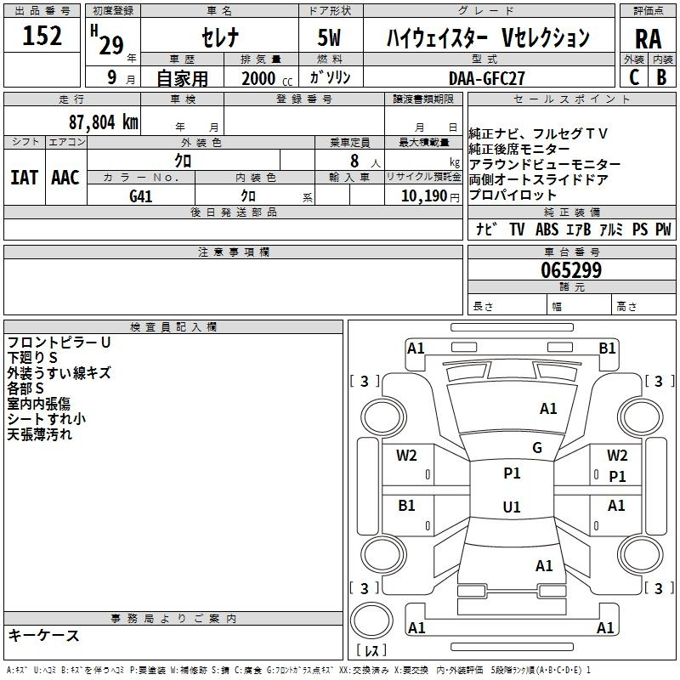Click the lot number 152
tap(42, 35)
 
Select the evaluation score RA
tap(648, 39)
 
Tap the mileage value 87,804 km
tap(104, 122)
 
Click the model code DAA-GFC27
tap(486, 78)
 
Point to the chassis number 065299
tap(571, 270)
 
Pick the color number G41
tap(141, 196)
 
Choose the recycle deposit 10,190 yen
tap(430, 196)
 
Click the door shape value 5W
tap(329, 37)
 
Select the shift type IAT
tap(24, 178)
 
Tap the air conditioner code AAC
tap(65, 178)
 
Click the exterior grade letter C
tap(634, 77)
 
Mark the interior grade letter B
tap(661, 77)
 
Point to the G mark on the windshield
tap(537, 447)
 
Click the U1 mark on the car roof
tap(512, 507)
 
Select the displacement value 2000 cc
tap(267, 78)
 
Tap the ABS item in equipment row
tap(547, 229)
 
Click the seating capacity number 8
tap(354, 161)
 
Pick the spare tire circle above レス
tap(371, 620)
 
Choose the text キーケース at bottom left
tap(44, 635)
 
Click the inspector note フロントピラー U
tap(59, 343)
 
